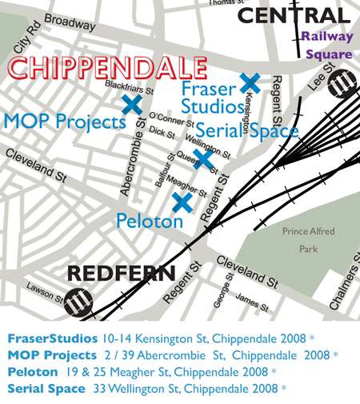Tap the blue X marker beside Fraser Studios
click(250, 82)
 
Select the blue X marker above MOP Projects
click(132, 104)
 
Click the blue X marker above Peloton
click(182, 203)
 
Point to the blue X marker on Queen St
click(204, 158)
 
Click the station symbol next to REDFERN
click(78, 303)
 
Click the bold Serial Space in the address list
click(46, 389)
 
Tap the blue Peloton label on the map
click(150, 221)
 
